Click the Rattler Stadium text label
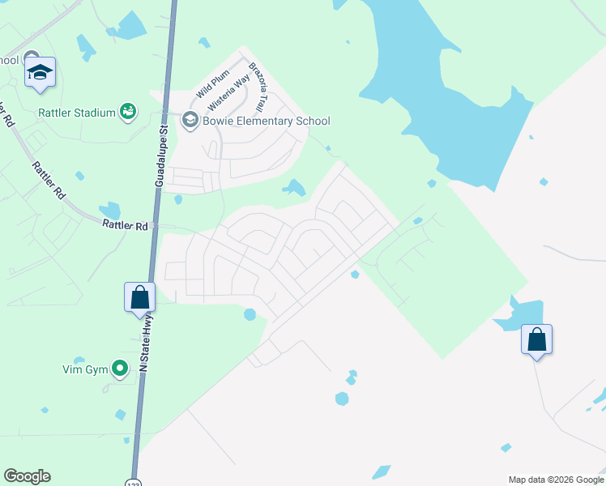[x=76, y=113]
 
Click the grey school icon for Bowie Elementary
[x=190, y=122]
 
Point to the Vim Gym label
[x=85, y=369]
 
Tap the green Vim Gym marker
[x=120, y=369]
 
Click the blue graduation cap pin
[x=41, y=73]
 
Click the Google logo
[x=27, y=476]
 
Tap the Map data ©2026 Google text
[x=555, y=480]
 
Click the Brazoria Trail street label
[x=258, y=87]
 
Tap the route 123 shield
[x=134, y=482]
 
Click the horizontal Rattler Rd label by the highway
[x=125, y=226]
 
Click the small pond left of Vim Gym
[x=79, y=361]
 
